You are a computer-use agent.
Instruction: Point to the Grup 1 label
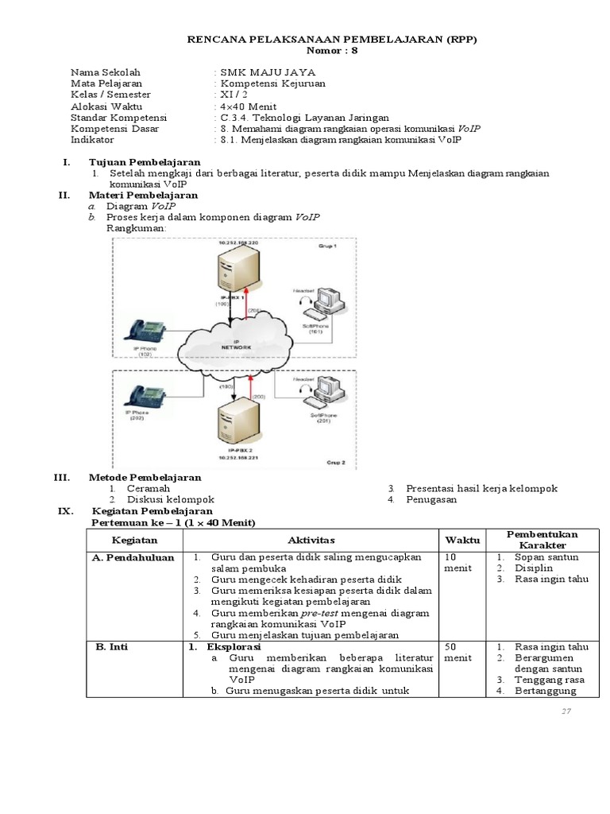(x=328, y=246)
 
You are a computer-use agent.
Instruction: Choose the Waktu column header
(x=462, y=540)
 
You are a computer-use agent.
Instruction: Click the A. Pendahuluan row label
(x=133, y=557)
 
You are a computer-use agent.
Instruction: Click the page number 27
(x=566, y=711)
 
